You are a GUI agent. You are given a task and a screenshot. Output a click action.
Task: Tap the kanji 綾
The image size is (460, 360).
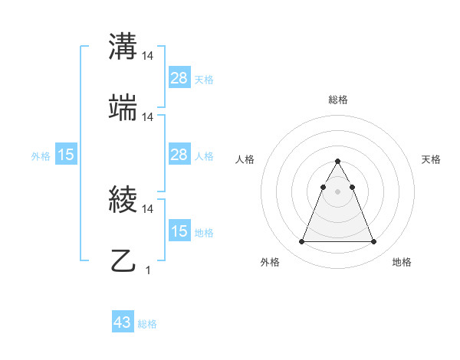coord(124,201)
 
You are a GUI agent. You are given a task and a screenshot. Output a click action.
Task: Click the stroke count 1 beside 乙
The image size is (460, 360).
coord(148,270)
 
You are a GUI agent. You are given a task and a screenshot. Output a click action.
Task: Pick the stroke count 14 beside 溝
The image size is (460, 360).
coord(148,57)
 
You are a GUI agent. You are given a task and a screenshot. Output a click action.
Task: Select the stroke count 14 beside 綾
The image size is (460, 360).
coord(148,209)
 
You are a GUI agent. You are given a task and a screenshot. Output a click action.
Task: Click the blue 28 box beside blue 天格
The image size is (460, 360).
coord(179,78)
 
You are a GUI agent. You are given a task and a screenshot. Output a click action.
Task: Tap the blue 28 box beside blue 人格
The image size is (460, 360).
coord(179,155)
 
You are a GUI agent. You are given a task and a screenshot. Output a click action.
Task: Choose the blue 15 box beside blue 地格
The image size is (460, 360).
coord(179,231)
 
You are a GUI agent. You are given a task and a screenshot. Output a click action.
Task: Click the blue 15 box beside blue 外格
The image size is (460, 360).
coord(66,155)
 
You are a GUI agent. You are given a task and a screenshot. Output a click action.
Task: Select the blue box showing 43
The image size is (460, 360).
coord(123,322)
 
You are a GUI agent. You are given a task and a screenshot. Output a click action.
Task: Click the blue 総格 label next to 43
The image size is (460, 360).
coord(148,324)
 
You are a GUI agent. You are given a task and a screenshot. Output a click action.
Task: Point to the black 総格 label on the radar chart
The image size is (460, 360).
coord(338,100)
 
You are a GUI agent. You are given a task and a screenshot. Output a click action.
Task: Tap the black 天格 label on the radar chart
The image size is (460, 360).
coord(432,159)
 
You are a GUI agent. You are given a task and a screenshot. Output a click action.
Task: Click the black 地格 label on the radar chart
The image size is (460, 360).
coord(402,263)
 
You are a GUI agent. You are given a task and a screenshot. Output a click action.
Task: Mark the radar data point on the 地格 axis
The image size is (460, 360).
coord(373,242)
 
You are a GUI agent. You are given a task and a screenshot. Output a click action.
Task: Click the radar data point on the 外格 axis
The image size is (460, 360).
coord(301,242)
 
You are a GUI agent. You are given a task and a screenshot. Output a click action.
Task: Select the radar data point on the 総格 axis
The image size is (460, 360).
coord(337,161)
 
